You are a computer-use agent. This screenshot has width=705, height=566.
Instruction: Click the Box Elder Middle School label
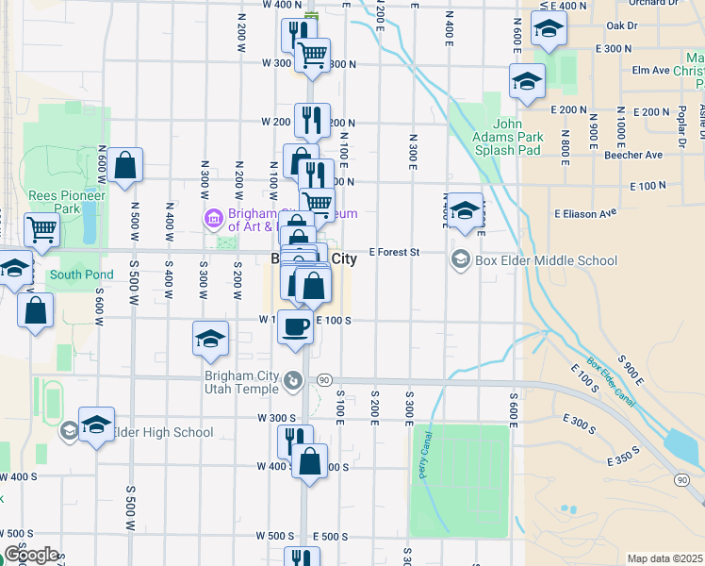tap(547, 260)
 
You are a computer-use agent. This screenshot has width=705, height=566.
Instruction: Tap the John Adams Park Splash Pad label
tap(517, 136)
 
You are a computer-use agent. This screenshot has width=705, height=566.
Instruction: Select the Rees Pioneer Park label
tap(53, 201)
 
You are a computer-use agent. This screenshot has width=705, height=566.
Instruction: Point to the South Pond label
tap(81, 275)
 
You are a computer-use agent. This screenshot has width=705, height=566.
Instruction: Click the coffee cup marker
tap(295, 326)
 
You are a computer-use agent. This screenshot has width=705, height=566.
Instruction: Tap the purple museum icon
tap(214, 220)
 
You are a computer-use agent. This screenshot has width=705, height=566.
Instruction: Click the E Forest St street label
tap(393, 253)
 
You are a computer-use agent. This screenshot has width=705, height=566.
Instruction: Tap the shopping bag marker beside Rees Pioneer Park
tap(124, 167)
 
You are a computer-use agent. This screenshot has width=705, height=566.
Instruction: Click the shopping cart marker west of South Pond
tap(41, 227)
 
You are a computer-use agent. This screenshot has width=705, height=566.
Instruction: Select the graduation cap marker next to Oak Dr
tap(549, 29)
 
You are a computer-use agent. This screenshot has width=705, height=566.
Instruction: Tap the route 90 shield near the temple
tap(323, 379)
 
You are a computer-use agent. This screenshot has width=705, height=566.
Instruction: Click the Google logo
tap(31, 556)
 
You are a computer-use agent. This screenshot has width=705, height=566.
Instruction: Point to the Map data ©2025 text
tap(664, 558)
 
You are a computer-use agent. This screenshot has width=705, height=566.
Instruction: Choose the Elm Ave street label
tap(650, 70)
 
